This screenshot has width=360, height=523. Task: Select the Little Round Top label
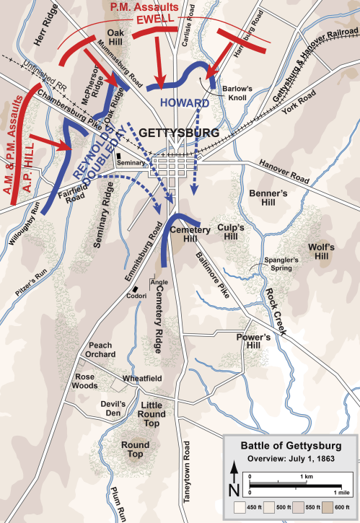coord(152,410)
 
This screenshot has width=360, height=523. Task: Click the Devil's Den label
coord(114,408)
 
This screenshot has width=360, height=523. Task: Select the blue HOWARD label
coord(185,102)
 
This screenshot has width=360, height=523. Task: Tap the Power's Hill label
coord(254,341)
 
